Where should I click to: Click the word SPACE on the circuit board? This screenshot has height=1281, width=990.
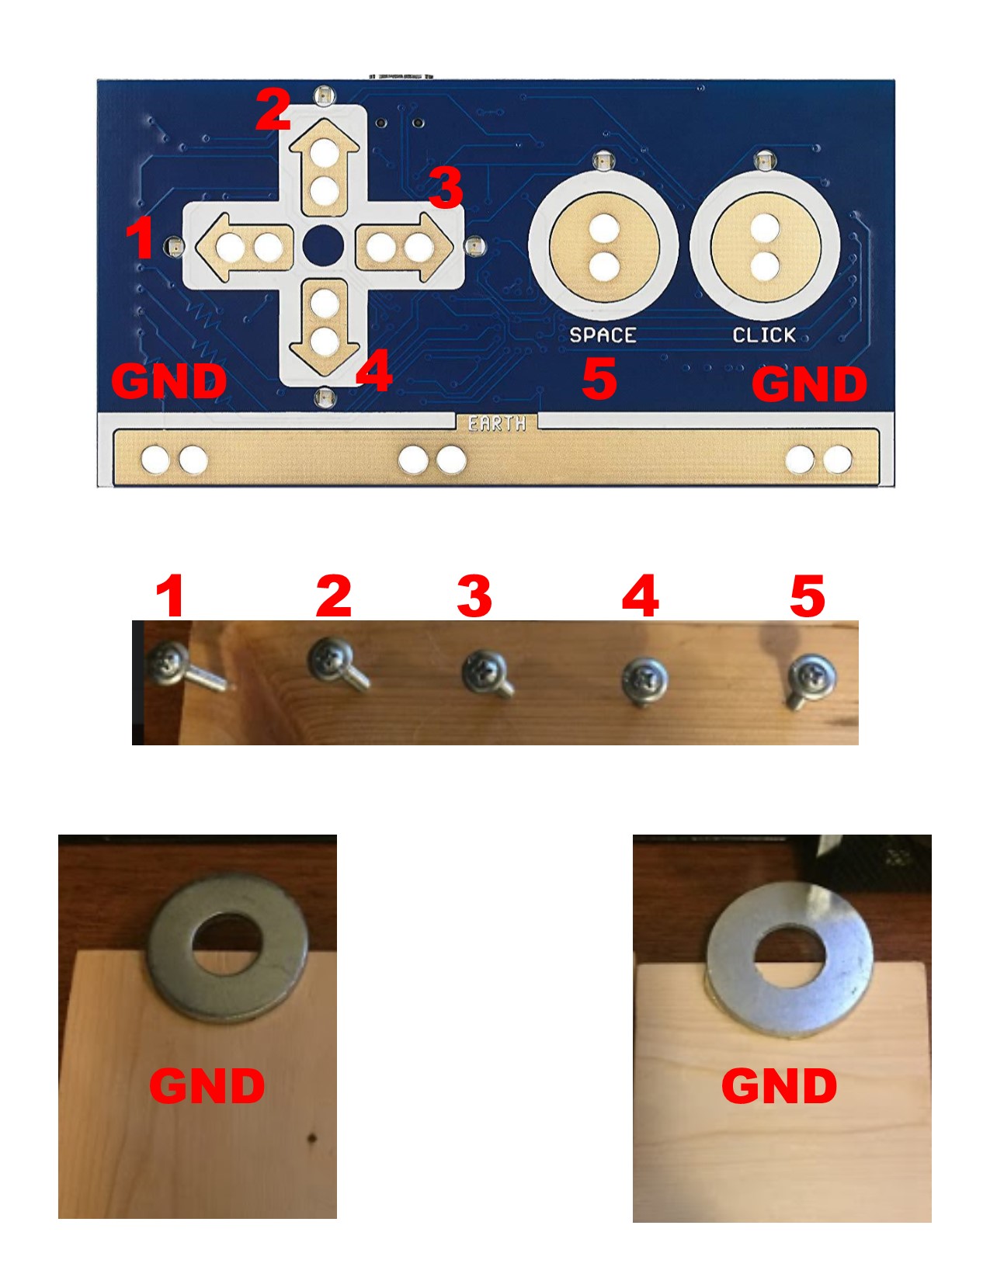click(x=603, y=335)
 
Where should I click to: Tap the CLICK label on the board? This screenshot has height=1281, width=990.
click(x=764, y=335)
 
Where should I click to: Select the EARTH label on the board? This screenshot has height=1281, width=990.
click(x=497, y=423)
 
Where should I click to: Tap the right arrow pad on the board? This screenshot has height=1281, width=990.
click(x=402, y=247)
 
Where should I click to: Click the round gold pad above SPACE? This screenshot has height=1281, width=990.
click(x=603, y=247)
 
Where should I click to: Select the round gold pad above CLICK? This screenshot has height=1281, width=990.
click(x=765, y=247)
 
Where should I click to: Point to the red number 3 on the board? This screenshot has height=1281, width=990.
click(x=446, y=188)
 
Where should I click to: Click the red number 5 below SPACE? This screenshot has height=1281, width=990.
click(x=599, y=379)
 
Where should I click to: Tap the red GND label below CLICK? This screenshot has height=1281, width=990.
click(x=809, y=384)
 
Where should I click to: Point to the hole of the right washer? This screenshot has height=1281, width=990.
click(x=790, y=959)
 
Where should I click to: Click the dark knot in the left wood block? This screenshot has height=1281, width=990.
click(x=312, y=1139)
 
